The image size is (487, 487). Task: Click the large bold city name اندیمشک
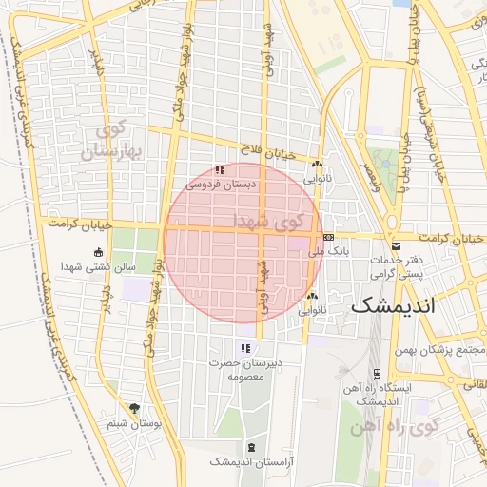point(392,306)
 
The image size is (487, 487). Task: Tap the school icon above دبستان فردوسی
point(220,169)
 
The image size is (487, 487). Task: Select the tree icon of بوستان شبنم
point(134,408)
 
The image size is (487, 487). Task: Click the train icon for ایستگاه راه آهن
point(378,373)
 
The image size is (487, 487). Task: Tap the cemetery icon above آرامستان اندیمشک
point(251,447)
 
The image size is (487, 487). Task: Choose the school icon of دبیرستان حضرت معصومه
point(245,347)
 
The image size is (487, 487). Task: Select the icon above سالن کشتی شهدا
point(99,252)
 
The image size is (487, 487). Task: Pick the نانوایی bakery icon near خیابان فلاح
point(317,164)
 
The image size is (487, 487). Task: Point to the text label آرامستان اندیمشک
point(249,461)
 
